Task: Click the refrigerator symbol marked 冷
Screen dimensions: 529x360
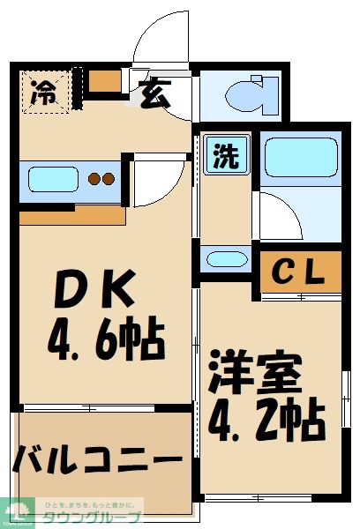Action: click(x=42, y=92)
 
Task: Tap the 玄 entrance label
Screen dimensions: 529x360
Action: click(x=155, y=92)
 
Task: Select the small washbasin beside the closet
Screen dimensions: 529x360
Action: click(x=225, y=259)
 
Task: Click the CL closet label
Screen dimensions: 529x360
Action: click(x=301, y=272)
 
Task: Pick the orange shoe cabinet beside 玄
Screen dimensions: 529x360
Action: click(x=105, y=80)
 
